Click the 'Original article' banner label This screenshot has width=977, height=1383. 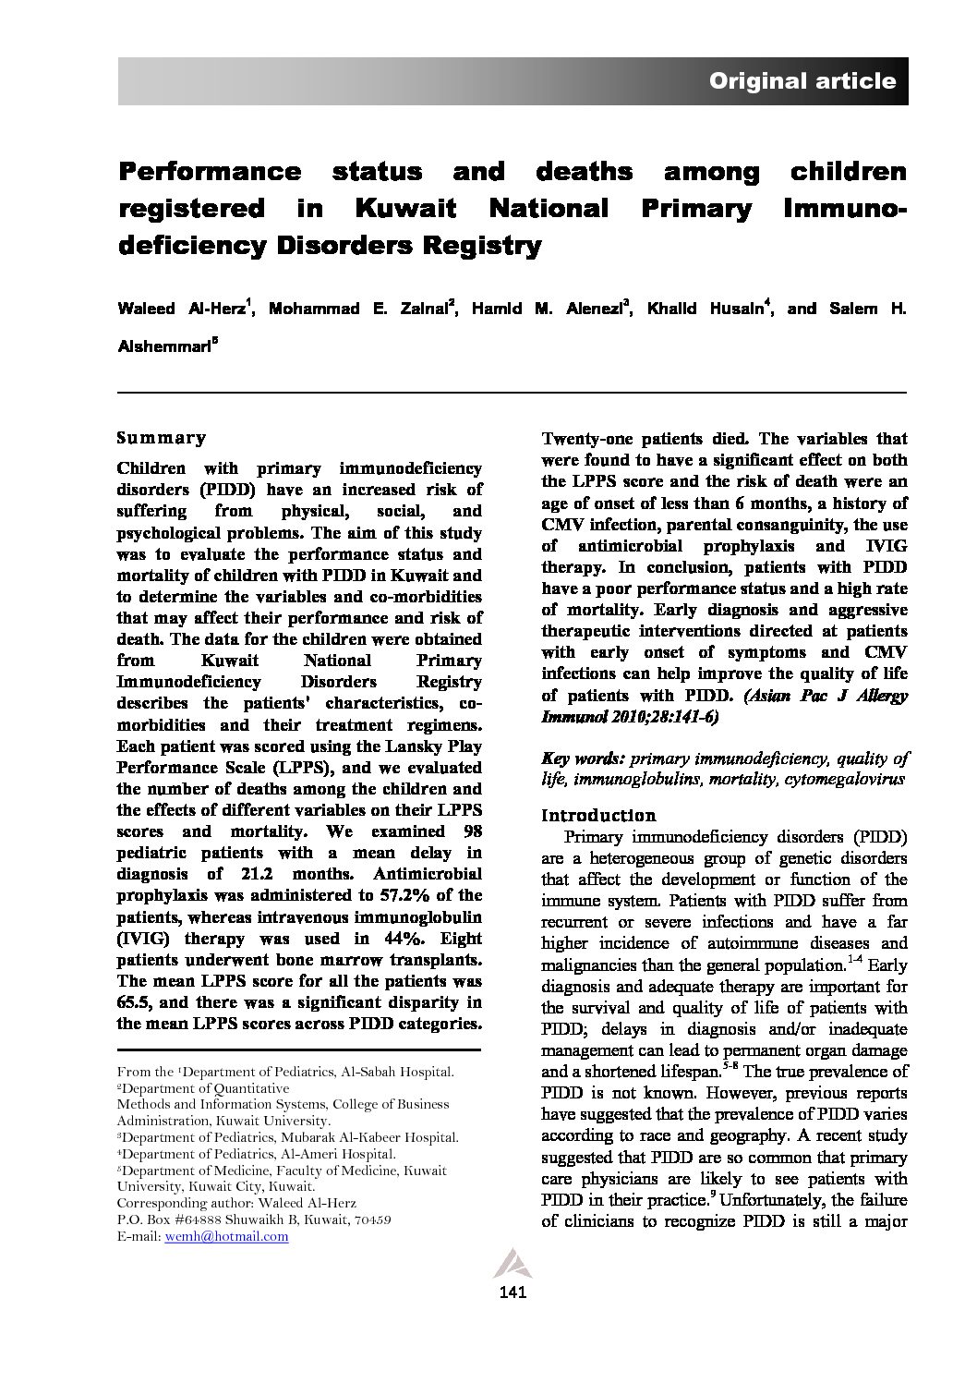point(802,81)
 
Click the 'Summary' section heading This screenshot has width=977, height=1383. point(162,438)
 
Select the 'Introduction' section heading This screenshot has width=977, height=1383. point(598,816)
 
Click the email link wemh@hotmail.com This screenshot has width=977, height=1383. point(226,1236)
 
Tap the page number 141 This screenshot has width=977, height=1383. point(512,1292)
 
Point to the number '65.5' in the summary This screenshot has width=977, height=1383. point(136,1002)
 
